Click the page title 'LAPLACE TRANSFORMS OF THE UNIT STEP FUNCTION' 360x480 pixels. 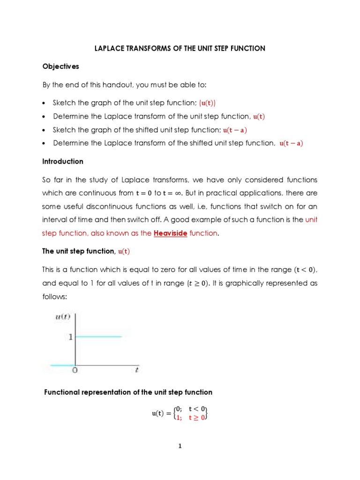pyautogui.click(x=180, y=48)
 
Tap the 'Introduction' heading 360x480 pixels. pyautogui.click(x=63, y=161)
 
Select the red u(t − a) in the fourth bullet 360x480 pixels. pyautogui.click(x=291, y=143)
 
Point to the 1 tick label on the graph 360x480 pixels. pyautogui.click(x=71, y=337)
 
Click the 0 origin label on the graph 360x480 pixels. pyautogui.click(x=74, y=370)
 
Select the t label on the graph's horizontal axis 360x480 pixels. pyautogui.click(x=136, y=370)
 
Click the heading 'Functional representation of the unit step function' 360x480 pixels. pyautogui.click(x=128, y=392)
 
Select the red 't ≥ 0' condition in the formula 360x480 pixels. pyautogui.click(x=197, y=418)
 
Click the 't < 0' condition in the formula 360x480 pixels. pyautogui.click(x=197, y=409)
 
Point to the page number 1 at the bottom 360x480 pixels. pyautogui.click(x=180, y=446)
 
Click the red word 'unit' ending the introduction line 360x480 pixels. pyautogui.click(x=311, y=220)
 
